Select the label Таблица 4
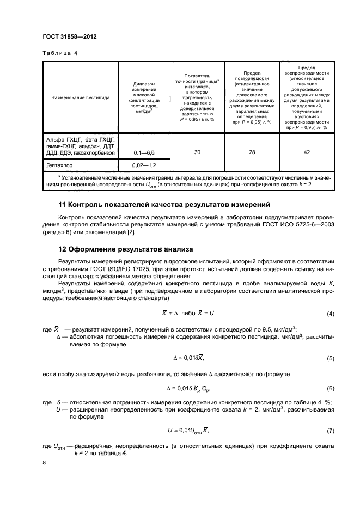pos(60,53)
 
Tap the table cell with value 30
pos(197,152)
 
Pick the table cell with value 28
pos(252,152)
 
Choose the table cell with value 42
pos(307,152)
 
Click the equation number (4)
pos(330,314)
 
